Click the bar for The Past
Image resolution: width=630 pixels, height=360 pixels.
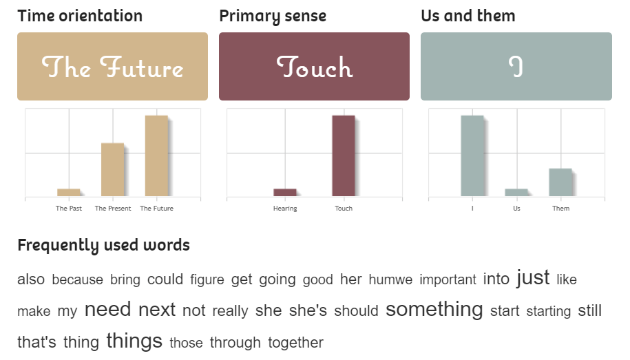pyautogui.click(x=69, y=193)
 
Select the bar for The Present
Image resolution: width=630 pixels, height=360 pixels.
pyautogui.click(x=112, y=169)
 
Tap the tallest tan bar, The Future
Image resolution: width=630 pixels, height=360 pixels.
pyautogui.click(x=157, y=156)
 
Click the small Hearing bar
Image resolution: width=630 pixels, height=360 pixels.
pyautogui.click(x=285, y=193)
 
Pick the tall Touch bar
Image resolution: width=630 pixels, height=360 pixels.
pyautogui.click(x=344, y=156)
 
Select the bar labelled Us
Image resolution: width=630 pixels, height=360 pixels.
pyautogui.click(x=516, y=193)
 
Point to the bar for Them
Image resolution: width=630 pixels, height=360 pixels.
pyautogui.click(x=560, y=182)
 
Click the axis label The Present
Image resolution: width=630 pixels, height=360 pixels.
pyautogui.click(x=113, y=208)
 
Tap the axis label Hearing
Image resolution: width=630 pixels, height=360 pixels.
pyautogui.click(x=285, y=209)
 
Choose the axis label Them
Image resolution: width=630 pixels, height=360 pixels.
pyautogui.click(x=561, y=208)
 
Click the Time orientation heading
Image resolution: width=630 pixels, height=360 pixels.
pyautogui.click(x=80, y=16)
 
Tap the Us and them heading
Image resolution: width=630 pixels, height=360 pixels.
pyautogui.click(x=468, y=16)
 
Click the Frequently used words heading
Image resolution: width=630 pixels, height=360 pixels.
pyautogui.click(x=104, y=246)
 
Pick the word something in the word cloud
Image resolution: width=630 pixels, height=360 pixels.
pyautogui.click(x=434, y=310)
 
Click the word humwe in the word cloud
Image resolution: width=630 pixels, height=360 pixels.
pyautogui.click(x=390, y=279)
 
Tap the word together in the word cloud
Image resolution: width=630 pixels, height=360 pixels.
pyautogui.click(x=295, y=343)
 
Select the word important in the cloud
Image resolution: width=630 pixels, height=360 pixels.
pyautogui.click(x=448, y=279)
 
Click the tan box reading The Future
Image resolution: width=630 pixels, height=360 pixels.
pyautogui.click(x=112, y=66)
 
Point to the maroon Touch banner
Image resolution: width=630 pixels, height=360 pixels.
pyautogui.click(x=314, y=66)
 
